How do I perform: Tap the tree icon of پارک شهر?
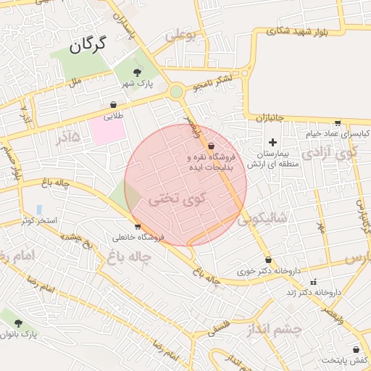pyautogui.click(x=138, y=72)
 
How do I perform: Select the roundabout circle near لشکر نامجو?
pyautogui.click(x=176, y=92)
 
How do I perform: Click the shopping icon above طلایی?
pyautogui.click(x=114, y=104)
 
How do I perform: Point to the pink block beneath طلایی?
pyautogui.click(x=107, y=131)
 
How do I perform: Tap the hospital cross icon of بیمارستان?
pyautogui.click(x=272, y=142)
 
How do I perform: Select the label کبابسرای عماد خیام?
pyautogui.click(x=338, y=134)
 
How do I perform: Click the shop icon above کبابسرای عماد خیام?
pyautogui.click(x=337, y=122)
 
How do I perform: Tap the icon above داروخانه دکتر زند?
pyautogui.click(x=314, y=281)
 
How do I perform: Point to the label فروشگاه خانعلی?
pyautogui.click(x=139, y=237)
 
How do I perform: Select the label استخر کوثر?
pyautogui.click(x=39, y=220)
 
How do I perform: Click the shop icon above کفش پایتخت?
pyautogui.click(x=356, y=349)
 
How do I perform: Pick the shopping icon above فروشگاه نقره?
pyautogui.click(x=211, y=146)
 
